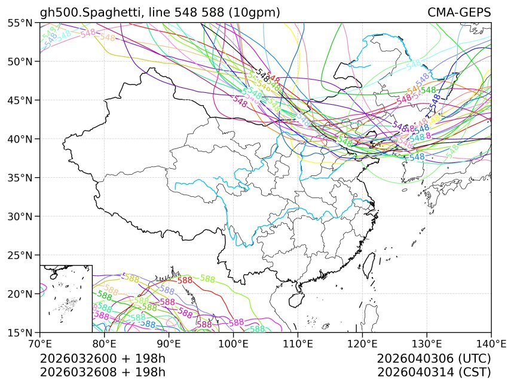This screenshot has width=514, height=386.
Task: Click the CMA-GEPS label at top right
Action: pyautogui.click(x=459, y=13)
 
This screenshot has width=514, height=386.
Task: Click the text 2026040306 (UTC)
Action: pyautogui.click(x=434, y=358)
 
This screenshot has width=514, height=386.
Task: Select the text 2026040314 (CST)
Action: pyautogui.click(x=434, y=372)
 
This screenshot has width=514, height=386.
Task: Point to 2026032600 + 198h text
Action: pyautogui.click(x=102, y=358)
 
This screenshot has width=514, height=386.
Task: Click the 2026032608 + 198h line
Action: pyautogui.click(x=102, y=372)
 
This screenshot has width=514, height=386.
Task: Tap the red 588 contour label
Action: pyautogui.click(x=185, y=280)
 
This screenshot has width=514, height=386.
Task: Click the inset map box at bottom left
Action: pyautogui.click(x=66, y=298)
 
